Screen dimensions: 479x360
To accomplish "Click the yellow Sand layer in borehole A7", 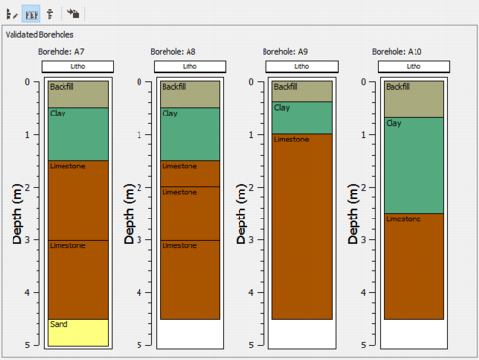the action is click(x=78, y=332).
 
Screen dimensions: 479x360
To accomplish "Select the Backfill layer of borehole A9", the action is click(x=302, y=91).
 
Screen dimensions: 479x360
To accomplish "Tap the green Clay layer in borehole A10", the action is click(x=414, y=166).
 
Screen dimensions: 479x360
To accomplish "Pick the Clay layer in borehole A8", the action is click(x=190, y=134).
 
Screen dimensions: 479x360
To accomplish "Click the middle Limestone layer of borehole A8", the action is click(x=190, y=213).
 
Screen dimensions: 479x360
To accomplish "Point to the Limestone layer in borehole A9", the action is click(x=302, y=226).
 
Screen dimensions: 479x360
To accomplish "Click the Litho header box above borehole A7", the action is click(x=78, y=66).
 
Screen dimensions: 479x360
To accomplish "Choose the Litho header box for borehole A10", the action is click(x=414, y=66).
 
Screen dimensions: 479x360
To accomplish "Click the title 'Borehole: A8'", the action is click(x=173, y=52).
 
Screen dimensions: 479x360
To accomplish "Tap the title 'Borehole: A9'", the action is click(x=285, y=52).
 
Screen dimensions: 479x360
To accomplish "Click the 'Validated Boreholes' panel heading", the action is click(x=39, y=35).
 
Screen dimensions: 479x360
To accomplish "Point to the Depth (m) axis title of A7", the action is click(x=17, y=214).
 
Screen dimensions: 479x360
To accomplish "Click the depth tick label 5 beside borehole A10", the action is click(x=363, y=345).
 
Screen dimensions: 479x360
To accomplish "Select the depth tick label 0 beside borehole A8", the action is click(x=139, y=82).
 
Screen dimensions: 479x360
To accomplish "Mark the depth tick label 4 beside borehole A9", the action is click(x=251, y=293).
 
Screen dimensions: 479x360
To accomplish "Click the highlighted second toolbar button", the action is click(x=31, y=13).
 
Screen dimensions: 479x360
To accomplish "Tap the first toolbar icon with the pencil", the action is click(x=12, y=14).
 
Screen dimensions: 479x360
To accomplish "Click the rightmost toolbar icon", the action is click(x=73, y=13).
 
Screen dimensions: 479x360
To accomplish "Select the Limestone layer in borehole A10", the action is click(x=414, y=266).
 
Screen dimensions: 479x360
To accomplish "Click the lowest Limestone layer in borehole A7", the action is click(x=78, y=279).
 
